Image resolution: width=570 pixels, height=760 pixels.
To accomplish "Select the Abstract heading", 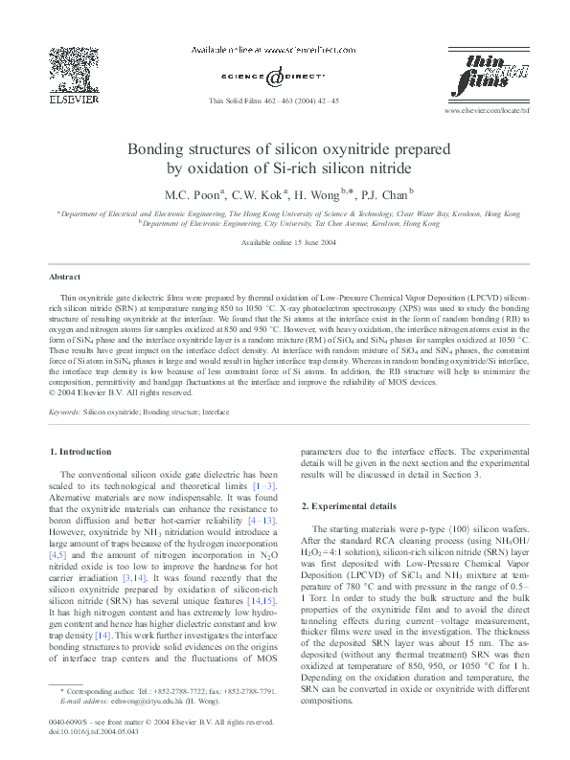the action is coord(65,276).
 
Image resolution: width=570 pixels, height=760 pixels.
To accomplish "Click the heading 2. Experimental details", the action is coord(350,504).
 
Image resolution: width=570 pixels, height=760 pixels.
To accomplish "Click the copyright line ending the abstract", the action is coord(121,391).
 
